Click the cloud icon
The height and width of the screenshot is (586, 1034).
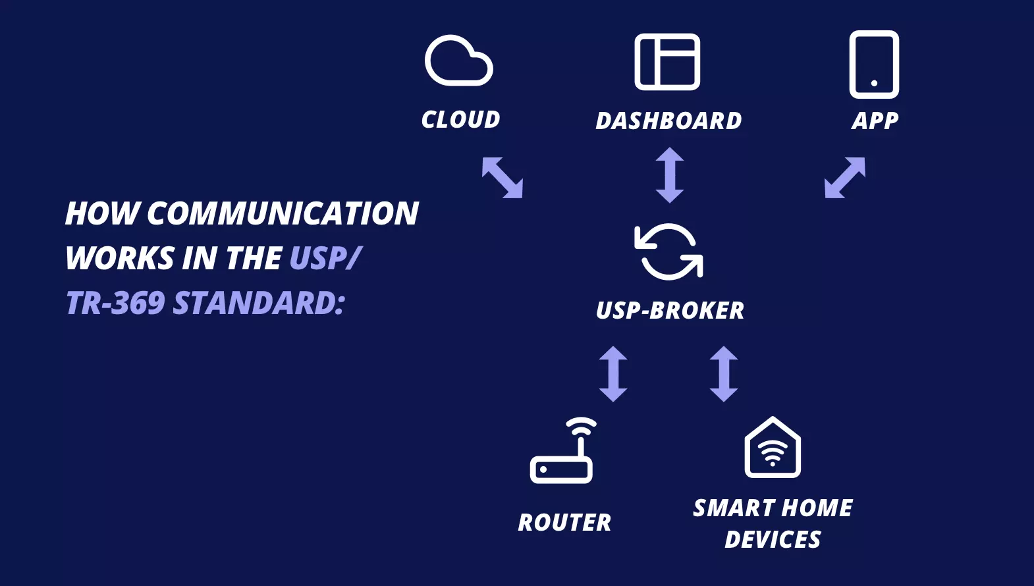click(x=458, y=61)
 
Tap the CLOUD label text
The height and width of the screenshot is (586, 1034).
click(x=461, y=120)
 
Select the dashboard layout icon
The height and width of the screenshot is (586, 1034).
click(x=667, y=62)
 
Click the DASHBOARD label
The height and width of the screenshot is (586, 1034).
click(x=668, y=121)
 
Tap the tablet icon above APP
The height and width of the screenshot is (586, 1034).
click(x=874, y=64)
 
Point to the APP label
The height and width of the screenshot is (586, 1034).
click(x=875, y=121)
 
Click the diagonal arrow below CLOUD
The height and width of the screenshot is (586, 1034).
click(x=503, y=177)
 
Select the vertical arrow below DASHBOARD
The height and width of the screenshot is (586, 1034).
click(x=670, y=175)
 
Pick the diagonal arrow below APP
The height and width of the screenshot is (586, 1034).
click(x=845, y=177)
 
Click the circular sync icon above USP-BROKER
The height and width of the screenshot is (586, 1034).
click(x=668, y=252)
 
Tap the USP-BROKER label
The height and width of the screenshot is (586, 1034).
click(x=670, y=311)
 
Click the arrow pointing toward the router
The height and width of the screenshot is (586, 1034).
click(x=613, y=374)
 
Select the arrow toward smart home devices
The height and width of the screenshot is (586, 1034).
click(x=724, y=374)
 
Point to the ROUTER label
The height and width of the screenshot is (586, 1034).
click(x=564, y=523)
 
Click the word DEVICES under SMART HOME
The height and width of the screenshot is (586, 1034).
click(x=773, y=540)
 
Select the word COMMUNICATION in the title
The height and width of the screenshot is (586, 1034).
click(x=283, y=214)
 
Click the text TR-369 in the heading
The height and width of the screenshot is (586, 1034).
click(x=115, y=304)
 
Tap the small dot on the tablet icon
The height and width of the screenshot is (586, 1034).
click(x=874, y=83)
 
